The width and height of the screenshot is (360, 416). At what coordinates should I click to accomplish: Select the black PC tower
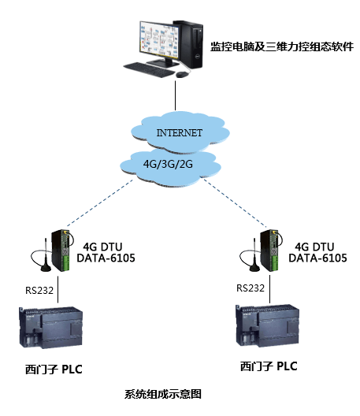(x=190, y=41)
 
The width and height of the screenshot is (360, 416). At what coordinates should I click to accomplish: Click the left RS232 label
(x=39, y=290)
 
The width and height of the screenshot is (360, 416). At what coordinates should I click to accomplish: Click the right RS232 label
(x=251, y=289)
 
